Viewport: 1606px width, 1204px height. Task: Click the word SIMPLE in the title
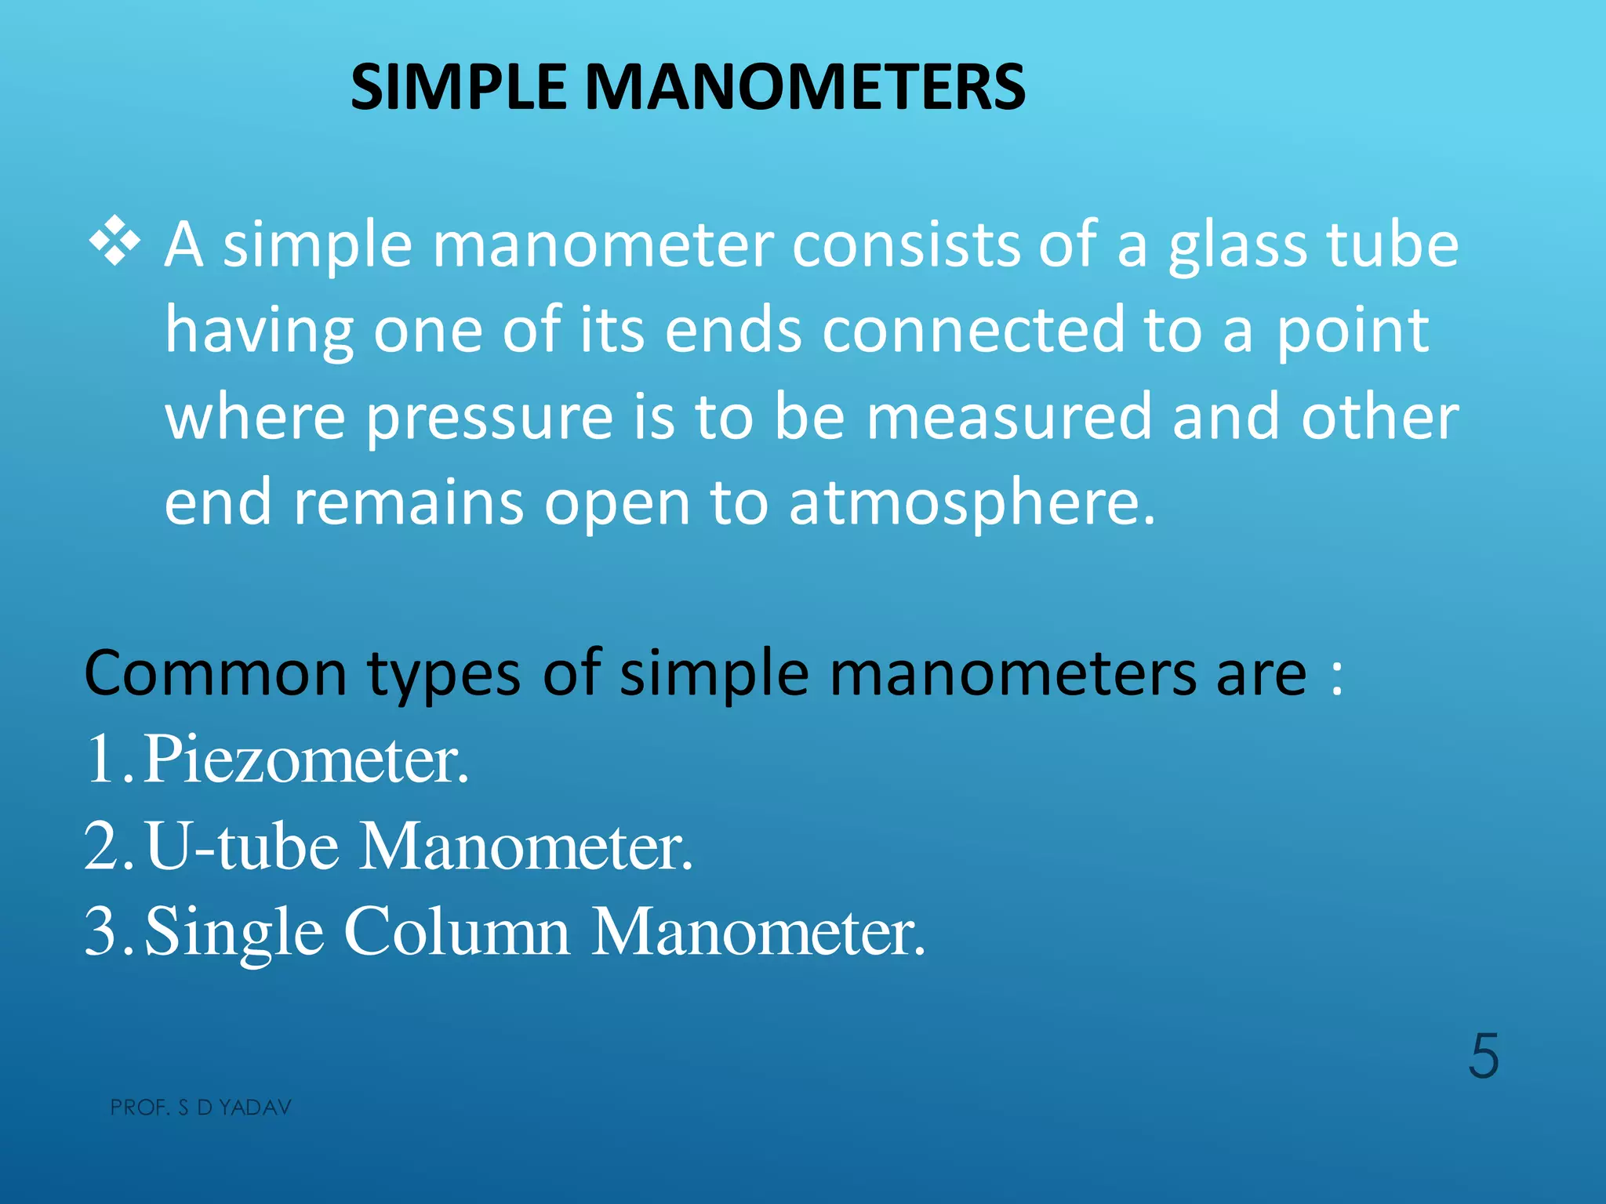458,87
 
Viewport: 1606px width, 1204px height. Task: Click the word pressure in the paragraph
489,418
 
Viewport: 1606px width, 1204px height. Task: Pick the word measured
1008,416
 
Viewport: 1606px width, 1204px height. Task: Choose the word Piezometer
306,760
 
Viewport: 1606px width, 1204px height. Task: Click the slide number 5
1483,1057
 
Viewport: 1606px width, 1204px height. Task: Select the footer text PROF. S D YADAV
201,1108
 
